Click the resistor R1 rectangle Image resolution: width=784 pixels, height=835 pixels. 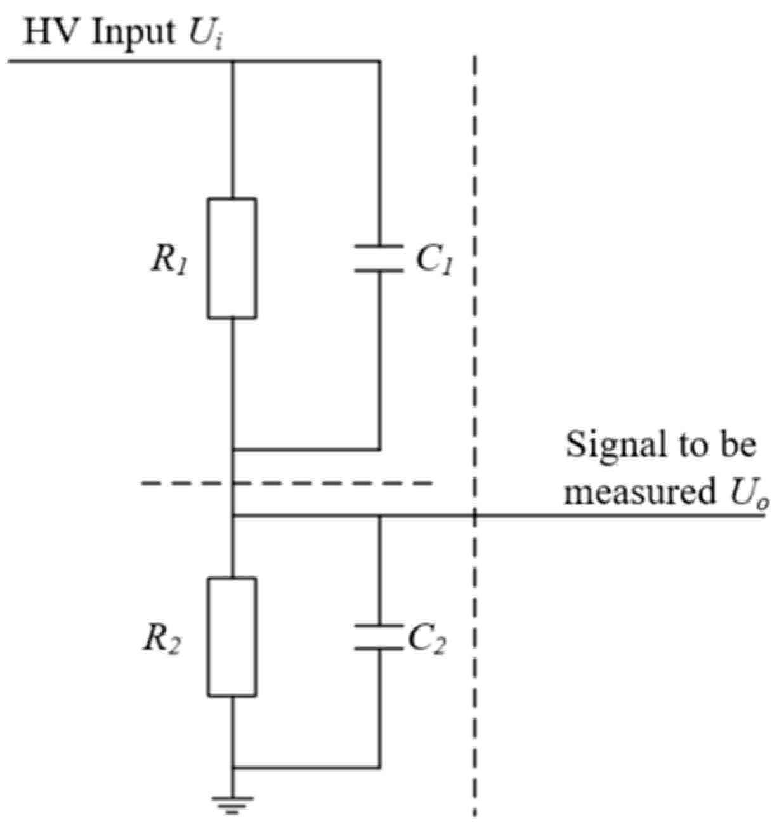pos(232,258)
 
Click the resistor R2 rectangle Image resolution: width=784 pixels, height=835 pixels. pos(232,637)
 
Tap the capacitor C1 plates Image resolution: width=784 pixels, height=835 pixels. pos(379,258)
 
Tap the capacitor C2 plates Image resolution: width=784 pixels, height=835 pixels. pos(379,637)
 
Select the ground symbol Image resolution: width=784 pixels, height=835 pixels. pos(232,804)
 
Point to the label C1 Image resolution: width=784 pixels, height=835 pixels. pos(434,259)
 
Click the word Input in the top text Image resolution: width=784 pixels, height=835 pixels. pos(133,32)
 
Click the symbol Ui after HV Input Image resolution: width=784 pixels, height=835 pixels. pos(204,33)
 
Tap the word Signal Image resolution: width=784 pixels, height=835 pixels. pos(611,446)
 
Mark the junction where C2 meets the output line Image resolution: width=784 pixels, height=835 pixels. pos(379,516)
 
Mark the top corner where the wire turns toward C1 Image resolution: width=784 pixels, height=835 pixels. pos(379,61)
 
